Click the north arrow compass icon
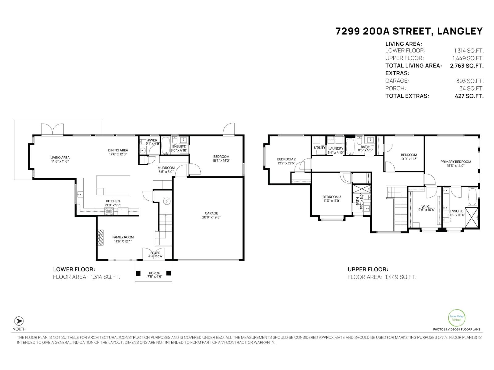pos(19,321)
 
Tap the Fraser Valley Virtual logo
pos(456,318)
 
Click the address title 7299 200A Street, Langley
pos(409,31)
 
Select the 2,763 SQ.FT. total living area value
pos(467,66)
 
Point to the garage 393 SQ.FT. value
pos(470,81)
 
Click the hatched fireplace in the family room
pos(101,237)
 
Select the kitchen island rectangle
pos(113,185)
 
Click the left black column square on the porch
pos(138,273)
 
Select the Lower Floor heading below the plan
pos(74,269)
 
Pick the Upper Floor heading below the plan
pos(368,269)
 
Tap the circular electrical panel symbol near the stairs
pos(167,201)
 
